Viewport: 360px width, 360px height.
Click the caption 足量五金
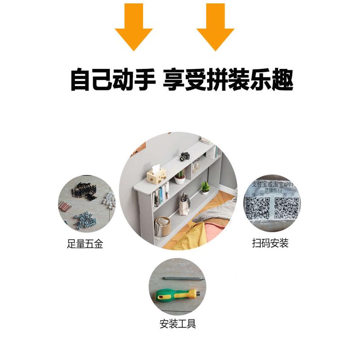[85, 244]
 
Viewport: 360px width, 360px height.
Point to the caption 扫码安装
[270, 243]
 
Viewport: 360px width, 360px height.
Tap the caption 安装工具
[178, 324]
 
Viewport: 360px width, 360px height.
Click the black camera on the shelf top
[184, 157]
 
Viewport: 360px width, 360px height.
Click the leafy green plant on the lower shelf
[205, 187]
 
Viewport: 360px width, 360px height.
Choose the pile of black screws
[85, 190]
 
